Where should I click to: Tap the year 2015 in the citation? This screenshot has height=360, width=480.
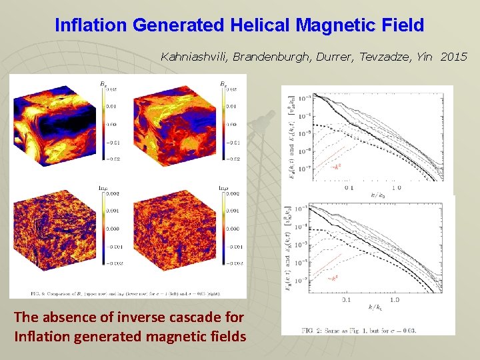coord(454,57)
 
